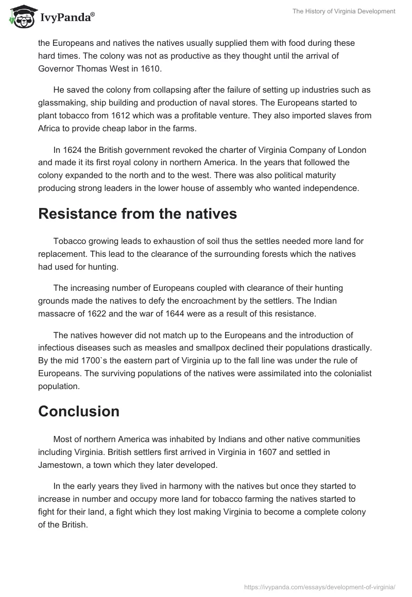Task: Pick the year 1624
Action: pos(74,150)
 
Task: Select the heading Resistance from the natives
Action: pos(138,214)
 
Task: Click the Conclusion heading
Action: pos(79,411)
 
